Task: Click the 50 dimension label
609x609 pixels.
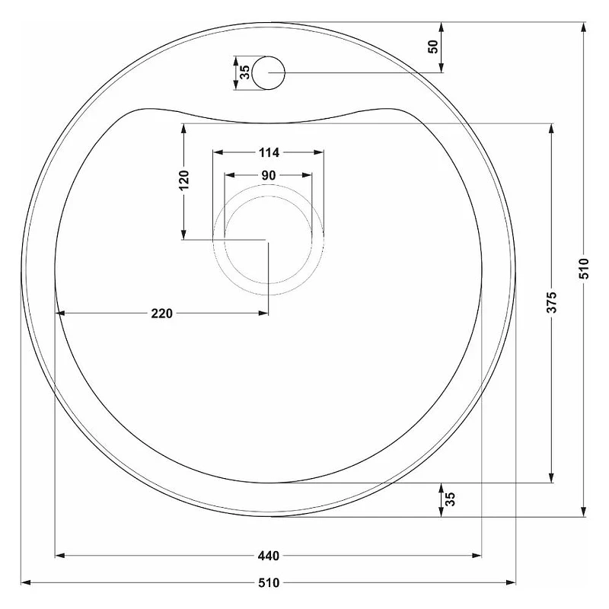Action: click(432, 47)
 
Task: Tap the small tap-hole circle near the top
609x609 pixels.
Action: click(269, 72)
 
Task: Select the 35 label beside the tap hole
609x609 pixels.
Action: click(244, 72)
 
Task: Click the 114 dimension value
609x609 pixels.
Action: click(269, 153)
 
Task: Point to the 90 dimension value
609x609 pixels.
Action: click(269, 176)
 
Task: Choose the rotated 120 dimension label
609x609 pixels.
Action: click(183, 180)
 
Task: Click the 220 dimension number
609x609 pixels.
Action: click(161, 313)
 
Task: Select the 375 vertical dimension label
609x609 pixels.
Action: click(551, 302)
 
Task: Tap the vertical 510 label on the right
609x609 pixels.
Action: click(584, 269)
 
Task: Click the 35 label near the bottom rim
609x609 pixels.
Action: click(450, 499)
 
